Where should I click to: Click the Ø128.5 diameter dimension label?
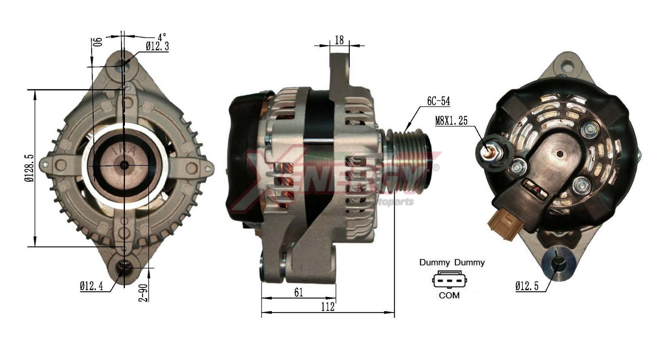(29, 168)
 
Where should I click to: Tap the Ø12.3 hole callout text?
(157, 46)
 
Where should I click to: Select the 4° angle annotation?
(162, 37)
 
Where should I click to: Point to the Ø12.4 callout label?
(91, 286)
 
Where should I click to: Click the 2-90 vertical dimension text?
(143, 293)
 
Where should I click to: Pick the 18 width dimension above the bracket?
(339, 40)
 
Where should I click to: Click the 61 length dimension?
(299, 292)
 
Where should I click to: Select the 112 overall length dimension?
(328, 307)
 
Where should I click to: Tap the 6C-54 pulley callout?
(438, 101)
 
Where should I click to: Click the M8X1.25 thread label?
(451, 121)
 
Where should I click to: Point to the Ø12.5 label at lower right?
(527, 286)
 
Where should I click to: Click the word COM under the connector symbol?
(449, 295)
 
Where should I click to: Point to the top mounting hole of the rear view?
(568, 65)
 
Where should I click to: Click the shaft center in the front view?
(124, 165)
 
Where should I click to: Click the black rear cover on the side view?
(244, 157)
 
